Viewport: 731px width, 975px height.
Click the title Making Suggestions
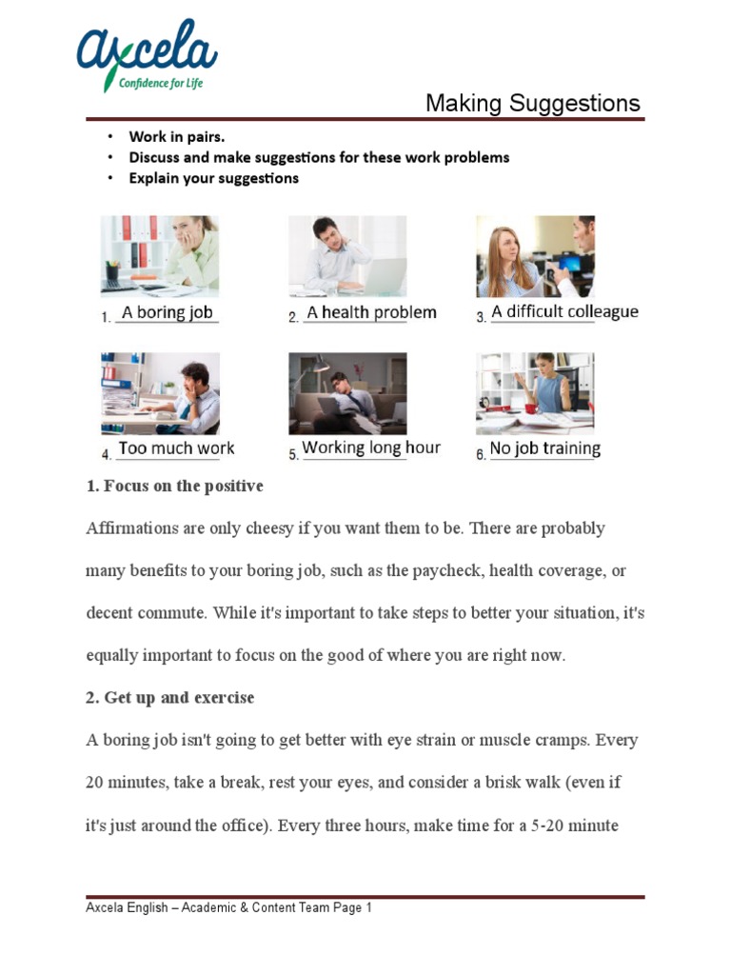[532, 104]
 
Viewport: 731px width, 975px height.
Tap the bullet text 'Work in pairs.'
[177, 136]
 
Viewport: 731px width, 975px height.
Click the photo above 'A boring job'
[159, 255]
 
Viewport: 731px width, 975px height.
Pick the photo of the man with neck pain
[347, 255]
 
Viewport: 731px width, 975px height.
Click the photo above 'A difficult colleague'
[535, 255]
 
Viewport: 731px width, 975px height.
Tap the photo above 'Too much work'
[159, 393]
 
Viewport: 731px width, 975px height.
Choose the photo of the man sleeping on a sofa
[347, 393]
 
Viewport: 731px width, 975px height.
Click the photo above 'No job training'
[535, 393]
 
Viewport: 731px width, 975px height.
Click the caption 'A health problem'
[371, 312]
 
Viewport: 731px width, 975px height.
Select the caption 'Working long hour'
[371, 448]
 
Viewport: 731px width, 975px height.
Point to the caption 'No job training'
[545, 448]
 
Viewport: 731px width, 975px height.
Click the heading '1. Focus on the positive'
[174, 486]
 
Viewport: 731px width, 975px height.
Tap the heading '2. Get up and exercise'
[169, 698]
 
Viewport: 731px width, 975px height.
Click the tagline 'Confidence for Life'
[161, 83]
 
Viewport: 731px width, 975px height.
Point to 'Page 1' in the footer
[352, 908]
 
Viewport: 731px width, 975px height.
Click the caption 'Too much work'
[176, 448]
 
